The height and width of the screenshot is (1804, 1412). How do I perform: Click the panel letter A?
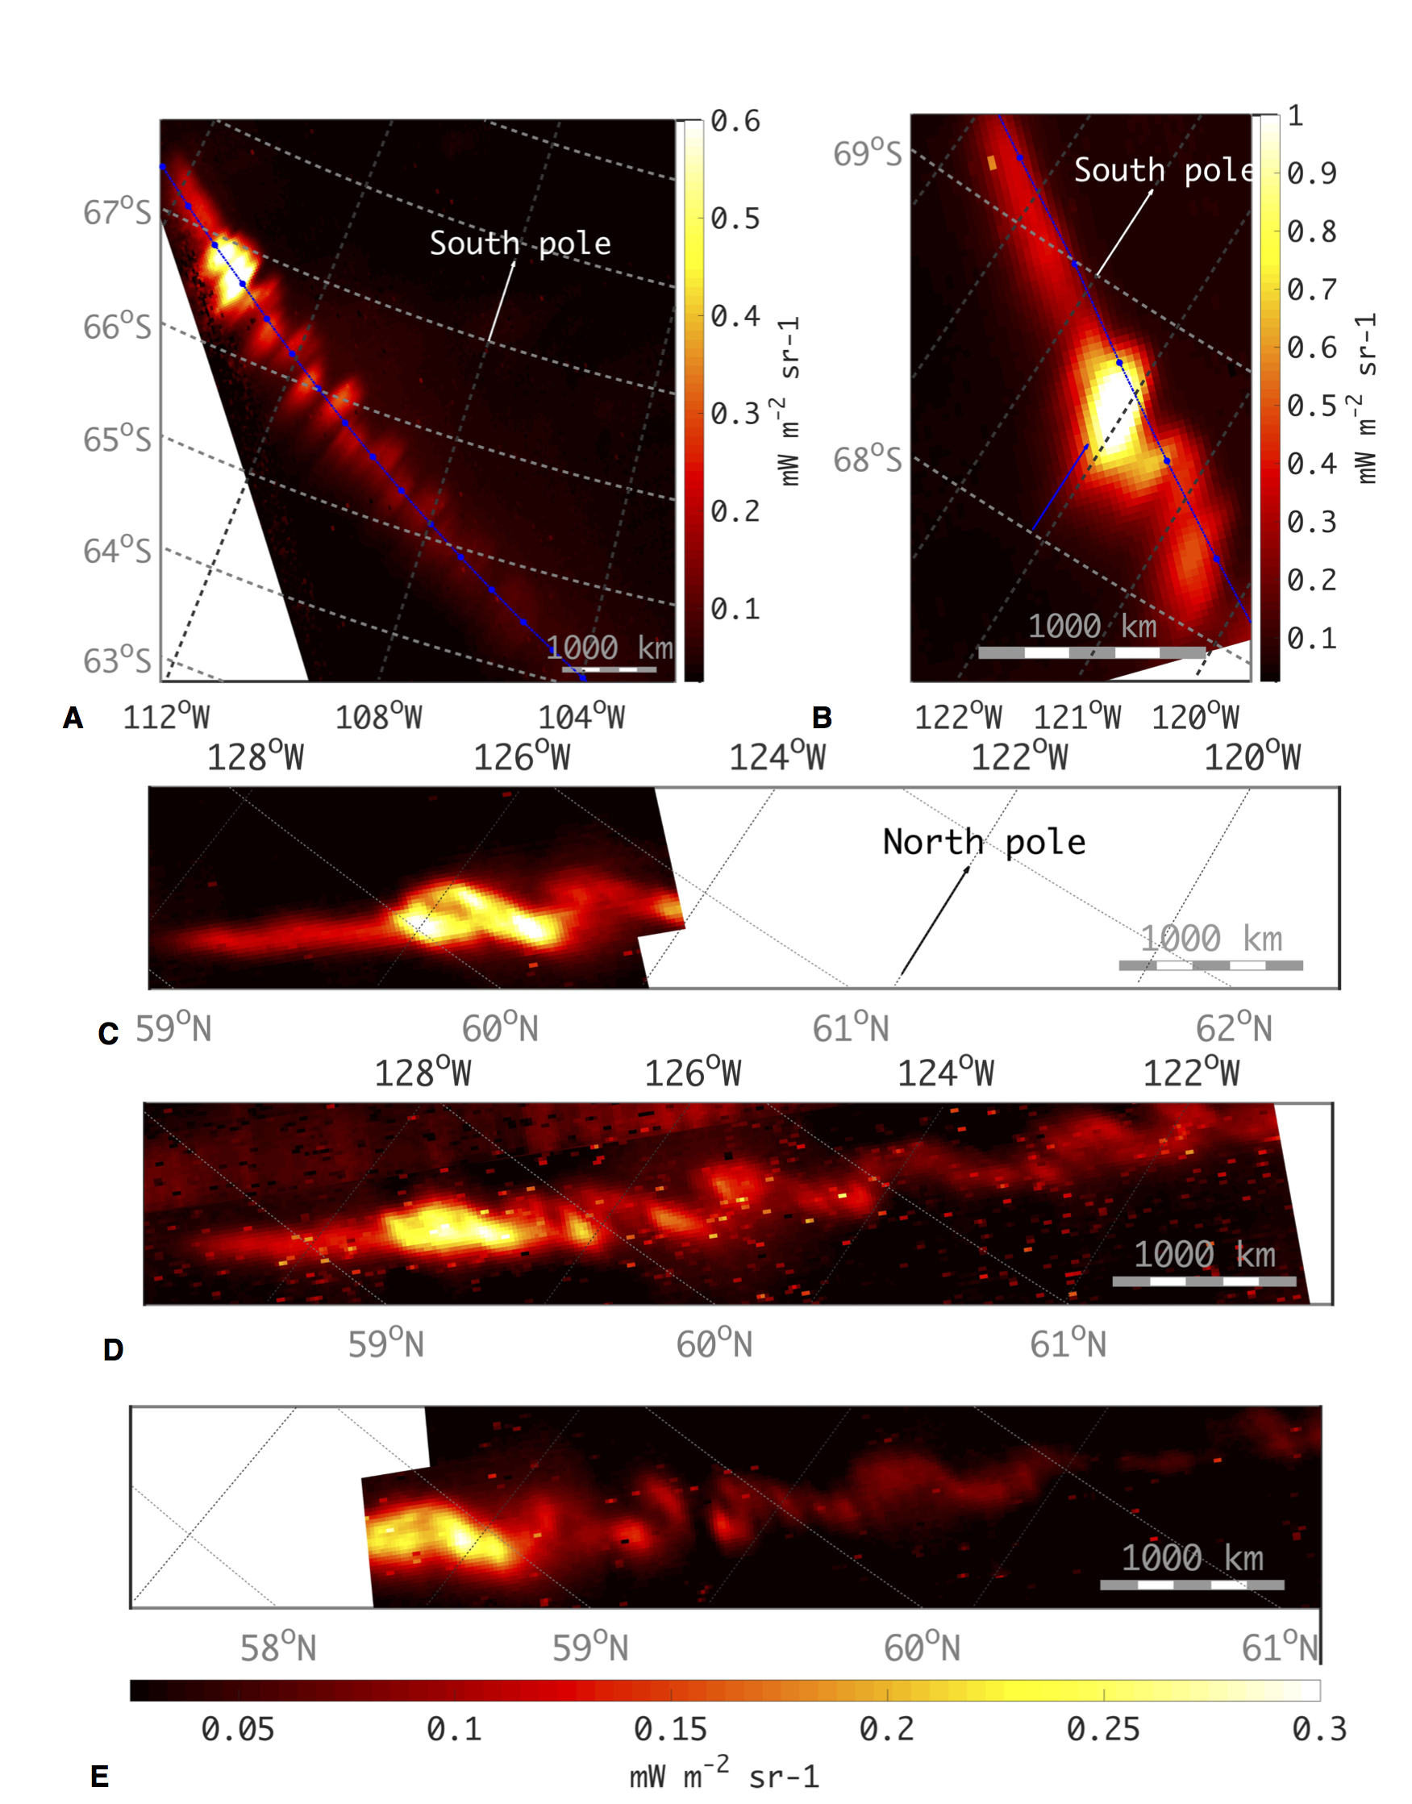pyautogui.click(x=73, y=718)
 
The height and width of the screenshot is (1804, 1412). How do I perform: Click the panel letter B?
pyautogui.click(x=822, y=718)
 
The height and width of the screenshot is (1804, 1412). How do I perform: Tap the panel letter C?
pyautogui.click(x=108, y=1034)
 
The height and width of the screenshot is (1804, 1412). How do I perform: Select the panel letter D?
pyautogui.click(x=113, y=1350)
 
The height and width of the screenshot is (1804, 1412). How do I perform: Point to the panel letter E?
pyautogui.click(x=99, y=1776)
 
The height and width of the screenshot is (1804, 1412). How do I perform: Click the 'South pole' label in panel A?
pyautogui.click(x=520, y=243)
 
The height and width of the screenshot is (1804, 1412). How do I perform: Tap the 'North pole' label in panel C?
pyautogui.click(x=984, y=842)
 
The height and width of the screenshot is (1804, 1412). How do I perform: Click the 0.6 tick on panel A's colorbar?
pyautogui.click(x=735, y=122)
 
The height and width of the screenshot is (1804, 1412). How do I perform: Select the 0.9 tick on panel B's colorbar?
pyautogui.click(x=1311, y=173)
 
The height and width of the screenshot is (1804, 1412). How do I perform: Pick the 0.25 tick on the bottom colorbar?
pyautogui.click(x=1103, y=1730)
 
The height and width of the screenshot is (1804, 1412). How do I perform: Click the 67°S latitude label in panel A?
pyautogui.click(x=117, y=212)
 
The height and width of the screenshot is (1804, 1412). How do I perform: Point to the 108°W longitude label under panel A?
pyautogui.click(x=379, y=717)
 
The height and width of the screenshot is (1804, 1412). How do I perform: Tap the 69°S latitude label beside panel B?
pyautogui.click(x=866, y=154)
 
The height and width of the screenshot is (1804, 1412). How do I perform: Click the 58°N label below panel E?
pyautogui.click(x=277, y=1648)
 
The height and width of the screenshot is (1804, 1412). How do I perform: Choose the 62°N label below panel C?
pyautogui.click(x=1234, y=1028)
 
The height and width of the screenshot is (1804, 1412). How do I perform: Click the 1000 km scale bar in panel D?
pyautogui.click(x=1204, y=1281)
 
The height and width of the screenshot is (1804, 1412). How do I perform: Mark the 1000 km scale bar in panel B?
pyautogui.click(x=1091, y=652)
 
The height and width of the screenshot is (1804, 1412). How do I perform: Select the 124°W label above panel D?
pyautogui.click(x=945, y=1074)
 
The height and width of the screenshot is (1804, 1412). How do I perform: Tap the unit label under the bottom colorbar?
pyautogui.click(x=724, y=1776)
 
